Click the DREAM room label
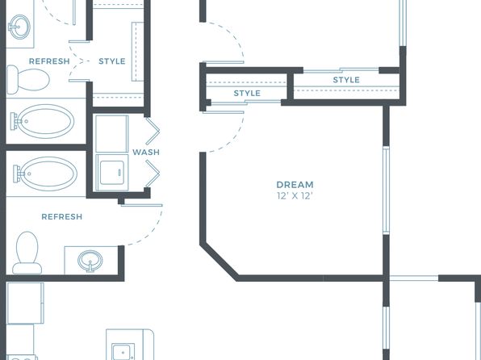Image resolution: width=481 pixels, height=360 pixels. pos(295,185)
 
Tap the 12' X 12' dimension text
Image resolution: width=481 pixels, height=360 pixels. pos(295,196)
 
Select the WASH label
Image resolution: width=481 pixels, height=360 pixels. pos(146,153)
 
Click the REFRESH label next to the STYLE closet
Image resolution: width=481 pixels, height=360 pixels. pos(49,61)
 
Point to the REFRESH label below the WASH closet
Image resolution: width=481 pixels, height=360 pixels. pos(62,217)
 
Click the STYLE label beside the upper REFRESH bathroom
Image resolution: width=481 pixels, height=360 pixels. pos(112,61)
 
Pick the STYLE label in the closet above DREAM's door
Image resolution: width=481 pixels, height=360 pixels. pos(247,94)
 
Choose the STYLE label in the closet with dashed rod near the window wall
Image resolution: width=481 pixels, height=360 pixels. pos(346,80)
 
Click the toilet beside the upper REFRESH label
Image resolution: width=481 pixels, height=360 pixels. pos(28,79)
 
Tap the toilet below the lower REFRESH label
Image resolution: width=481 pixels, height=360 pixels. pos(27,253)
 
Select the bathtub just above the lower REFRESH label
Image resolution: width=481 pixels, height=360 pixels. pos(45,174)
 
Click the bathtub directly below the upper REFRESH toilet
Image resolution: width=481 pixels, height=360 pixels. pos(43,121)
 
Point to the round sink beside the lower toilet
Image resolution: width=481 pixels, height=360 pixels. pos(90,261)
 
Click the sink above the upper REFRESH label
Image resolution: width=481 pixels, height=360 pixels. pos(19,27)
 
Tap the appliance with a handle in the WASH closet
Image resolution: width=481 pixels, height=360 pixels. pos(112,173)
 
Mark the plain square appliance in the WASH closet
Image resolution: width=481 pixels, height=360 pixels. pos(112,134)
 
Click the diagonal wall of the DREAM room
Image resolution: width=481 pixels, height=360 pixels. pos(219,262)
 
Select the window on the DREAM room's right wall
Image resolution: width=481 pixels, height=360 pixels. pos(386,190)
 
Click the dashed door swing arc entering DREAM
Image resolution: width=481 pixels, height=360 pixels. pos(230,140)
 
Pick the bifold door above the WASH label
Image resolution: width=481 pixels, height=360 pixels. pos(153,131)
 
